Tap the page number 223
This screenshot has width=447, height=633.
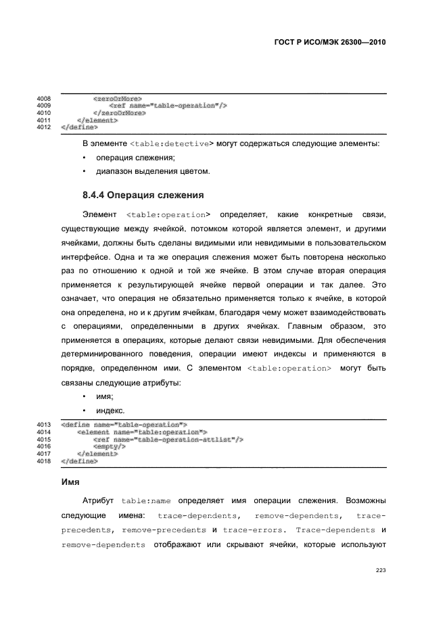pyautogui.click(x=381, y=570)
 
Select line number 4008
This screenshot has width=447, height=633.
pyautogui.click(x=45, y=99)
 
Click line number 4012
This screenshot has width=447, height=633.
pyautogui.click(x=45, y=126)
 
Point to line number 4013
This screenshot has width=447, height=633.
pyautogui.click(x=45, y=425)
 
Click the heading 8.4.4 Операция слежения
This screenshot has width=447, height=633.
pyautogui.click(x=143, y=195)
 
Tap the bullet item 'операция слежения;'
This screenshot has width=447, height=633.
pyautogui.click(x=126, y=158)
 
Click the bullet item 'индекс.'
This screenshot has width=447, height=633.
pyautogui.click(x=110, y=410)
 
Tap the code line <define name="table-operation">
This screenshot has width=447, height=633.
pyautogui.click(x=124, y=425)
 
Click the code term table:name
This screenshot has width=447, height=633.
pyautogui.click(x=146, y=502)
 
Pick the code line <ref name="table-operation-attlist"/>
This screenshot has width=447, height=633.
pyautogui.click(x=168, y=440)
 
